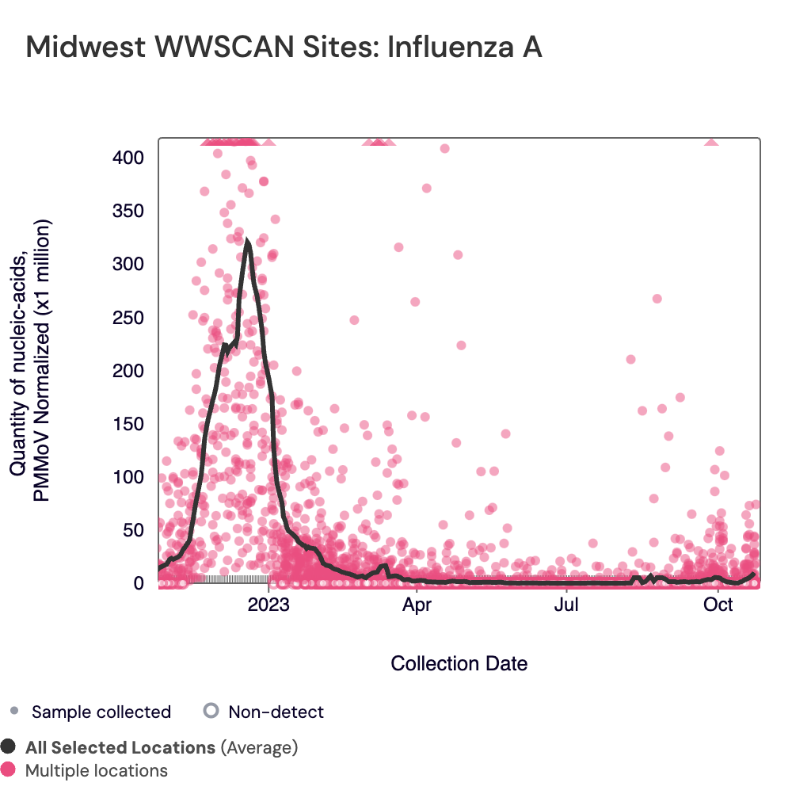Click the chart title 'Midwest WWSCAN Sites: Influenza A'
coord(284,47)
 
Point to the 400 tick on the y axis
coord(128,158)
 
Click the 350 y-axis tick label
coord(128,211)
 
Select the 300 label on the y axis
coord(128,264)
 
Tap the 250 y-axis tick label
coord(128,317)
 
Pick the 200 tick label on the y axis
coord(128,370)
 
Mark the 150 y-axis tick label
coord(128,423)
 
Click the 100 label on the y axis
coord(128,476)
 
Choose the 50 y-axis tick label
coord(132,529)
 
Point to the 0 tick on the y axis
coord(138,582)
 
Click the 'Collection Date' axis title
coord(459,663)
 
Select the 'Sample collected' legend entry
coord(101,712)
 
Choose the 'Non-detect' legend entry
coord(276,712)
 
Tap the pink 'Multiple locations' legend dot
coord(9,770)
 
